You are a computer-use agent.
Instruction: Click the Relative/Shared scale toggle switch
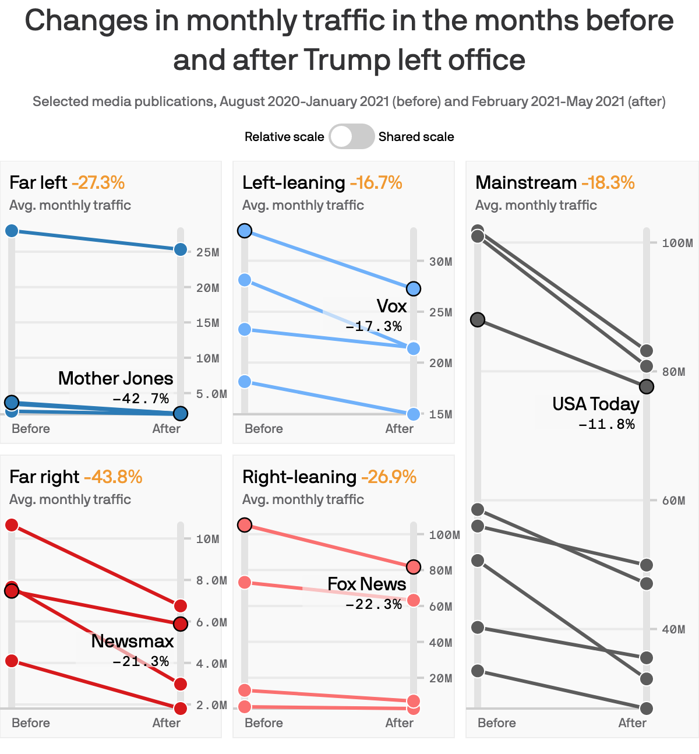[351, 136]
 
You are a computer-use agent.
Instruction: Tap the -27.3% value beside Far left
[98, 182]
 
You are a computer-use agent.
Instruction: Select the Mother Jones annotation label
[115, 378]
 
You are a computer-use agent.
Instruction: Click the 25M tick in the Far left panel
[207, 252]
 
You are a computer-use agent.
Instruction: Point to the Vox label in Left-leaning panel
[391, 306]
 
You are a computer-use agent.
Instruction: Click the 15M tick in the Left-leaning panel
[440, 414]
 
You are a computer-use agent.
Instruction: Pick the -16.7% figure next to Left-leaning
[376, 182]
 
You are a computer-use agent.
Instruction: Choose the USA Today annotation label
[595, 404]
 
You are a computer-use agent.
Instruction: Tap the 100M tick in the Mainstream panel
[677, 243]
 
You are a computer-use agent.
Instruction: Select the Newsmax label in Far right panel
[132, 641]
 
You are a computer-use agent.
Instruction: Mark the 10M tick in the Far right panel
[207, 539]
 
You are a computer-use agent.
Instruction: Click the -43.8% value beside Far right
[113, 477]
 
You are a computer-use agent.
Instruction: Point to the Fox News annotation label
[366, 584]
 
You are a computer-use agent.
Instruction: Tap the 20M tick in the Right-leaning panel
[440, 678]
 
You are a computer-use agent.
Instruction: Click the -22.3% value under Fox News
[373, 604]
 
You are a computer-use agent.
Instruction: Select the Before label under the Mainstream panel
[496, 723]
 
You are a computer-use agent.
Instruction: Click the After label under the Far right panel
[166, 723]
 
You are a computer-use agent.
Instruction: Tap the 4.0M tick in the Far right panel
[211, 664]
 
